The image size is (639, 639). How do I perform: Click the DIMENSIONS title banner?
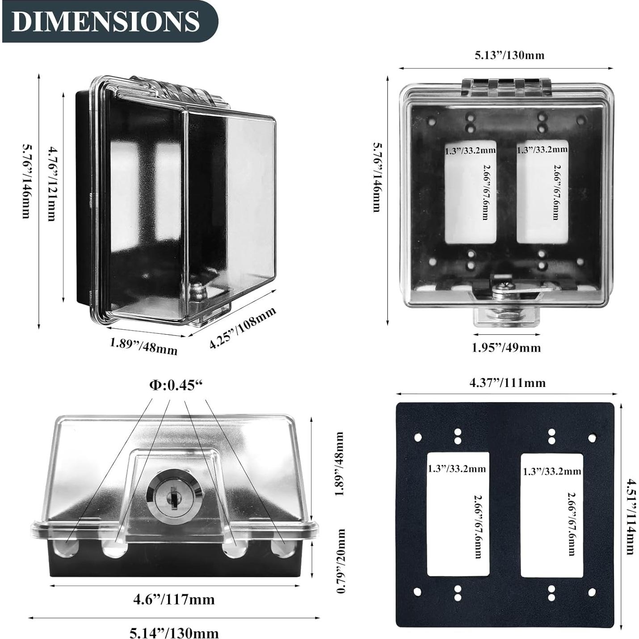tap(109, 21)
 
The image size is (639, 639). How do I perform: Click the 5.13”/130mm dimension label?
tap(509, 55)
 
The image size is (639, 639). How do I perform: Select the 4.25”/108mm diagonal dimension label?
tap(243, 327)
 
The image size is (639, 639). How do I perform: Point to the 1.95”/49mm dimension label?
tap(506, 348)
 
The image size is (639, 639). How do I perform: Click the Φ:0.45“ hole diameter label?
tap(176, 385)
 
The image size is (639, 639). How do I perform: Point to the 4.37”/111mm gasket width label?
tap(507, 383)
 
